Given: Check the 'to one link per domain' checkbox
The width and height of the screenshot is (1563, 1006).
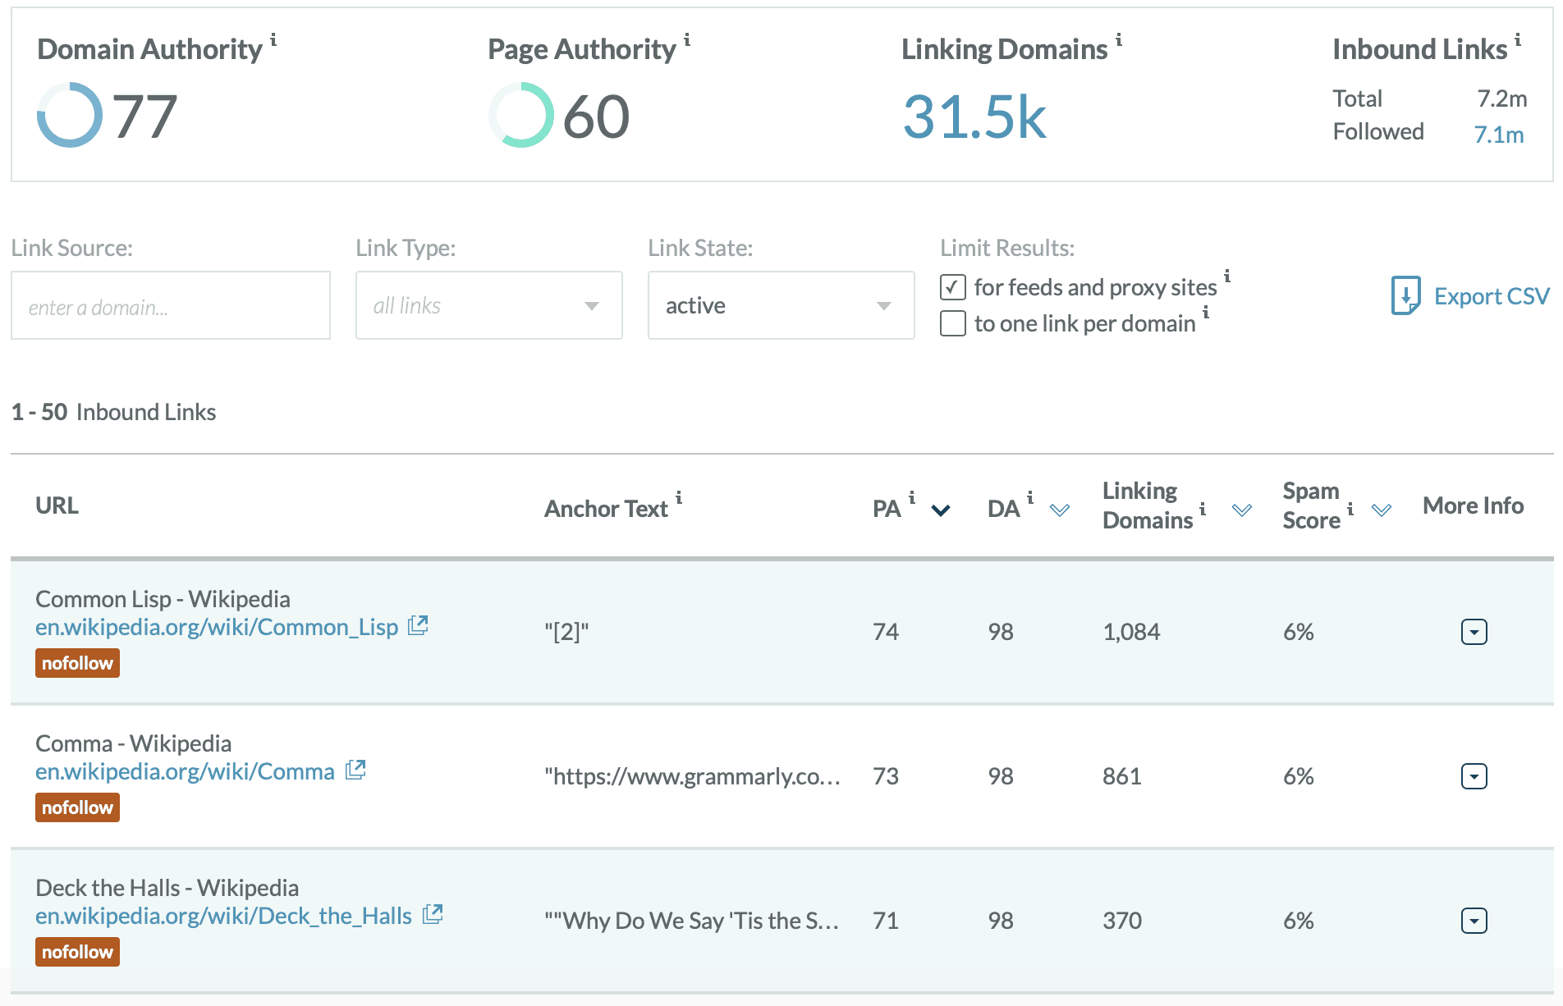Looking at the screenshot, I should pos(953,323).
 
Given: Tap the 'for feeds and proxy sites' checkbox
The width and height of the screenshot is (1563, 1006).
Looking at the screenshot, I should pos(953,287).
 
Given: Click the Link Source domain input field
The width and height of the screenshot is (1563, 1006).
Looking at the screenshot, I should pos(171,306).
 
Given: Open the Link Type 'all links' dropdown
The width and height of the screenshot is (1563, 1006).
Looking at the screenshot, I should pos(488,306).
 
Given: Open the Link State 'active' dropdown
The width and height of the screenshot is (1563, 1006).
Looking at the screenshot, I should pos(781,306).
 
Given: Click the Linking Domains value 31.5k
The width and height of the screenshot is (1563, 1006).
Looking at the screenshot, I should pos(974,117).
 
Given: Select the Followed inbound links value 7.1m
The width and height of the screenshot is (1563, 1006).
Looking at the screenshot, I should pos(1498,135).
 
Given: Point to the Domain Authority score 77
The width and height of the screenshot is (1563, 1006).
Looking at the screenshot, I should pos(144,117).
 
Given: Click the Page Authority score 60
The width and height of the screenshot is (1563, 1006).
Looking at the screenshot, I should pos(596,117).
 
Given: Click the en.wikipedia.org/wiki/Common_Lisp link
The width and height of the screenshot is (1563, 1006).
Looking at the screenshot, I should pos(217,628).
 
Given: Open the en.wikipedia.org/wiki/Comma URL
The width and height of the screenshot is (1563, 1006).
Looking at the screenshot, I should pos(186,772).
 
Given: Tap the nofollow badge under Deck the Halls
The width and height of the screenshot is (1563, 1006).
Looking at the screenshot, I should pos(77,952).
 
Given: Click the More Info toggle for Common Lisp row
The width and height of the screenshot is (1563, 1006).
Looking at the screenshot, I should pos(1474,632).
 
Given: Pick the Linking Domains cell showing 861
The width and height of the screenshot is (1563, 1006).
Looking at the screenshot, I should pos(1122,776).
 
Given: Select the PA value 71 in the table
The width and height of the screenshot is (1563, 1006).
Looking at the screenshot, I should pos(886,921).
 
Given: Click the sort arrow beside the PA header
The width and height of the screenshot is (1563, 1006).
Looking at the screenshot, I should pos(941,510).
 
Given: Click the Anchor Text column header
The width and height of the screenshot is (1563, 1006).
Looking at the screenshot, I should pos(607,509).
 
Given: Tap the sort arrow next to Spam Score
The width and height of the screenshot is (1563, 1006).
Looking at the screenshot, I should pos(1382,510).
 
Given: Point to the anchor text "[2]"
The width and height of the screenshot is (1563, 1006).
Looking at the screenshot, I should pos(566,632).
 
